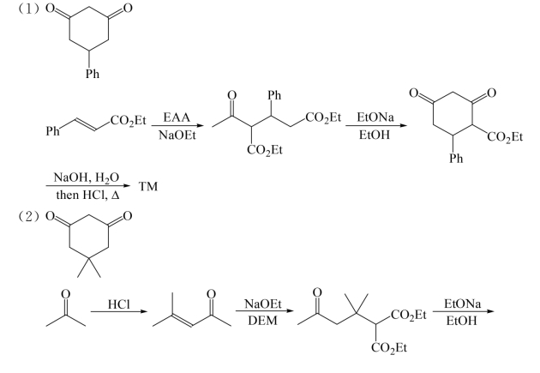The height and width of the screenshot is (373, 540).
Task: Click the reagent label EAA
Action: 177,117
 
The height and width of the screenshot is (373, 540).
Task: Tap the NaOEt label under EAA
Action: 177,135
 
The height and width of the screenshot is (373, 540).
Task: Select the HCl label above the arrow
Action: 119,304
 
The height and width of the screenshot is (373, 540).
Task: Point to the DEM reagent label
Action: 262,321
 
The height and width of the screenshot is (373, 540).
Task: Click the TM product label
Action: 148,186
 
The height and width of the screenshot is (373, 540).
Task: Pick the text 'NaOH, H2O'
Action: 86,177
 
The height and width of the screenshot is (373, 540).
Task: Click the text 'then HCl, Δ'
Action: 87,196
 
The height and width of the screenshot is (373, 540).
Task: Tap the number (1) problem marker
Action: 28,9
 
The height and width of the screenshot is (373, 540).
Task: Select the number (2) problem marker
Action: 28,216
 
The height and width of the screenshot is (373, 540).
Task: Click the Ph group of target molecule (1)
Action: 93,74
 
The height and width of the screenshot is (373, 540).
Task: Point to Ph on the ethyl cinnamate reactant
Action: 52,131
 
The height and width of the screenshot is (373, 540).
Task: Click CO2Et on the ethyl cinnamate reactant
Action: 129,121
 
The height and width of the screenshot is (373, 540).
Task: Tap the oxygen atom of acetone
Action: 65,294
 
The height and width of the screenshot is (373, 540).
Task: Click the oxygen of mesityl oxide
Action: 211,294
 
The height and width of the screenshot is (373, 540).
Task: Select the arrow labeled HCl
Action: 119,312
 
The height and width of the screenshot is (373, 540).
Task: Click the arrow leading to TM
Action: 88,186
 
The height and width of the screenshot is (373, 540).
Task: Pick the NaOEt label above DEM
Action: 263,304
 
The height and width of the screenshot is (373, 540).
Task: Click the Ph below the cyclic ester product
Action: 456,159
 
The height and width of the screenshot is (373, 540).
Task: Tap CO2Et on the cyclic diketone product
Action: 505,137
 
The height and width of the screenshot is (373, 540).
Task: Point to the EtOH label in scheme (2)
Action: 461,321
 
